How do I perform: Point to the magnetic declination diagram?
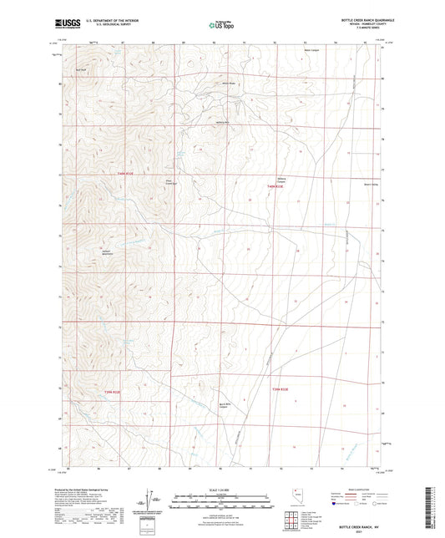(x=152, y=499)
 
